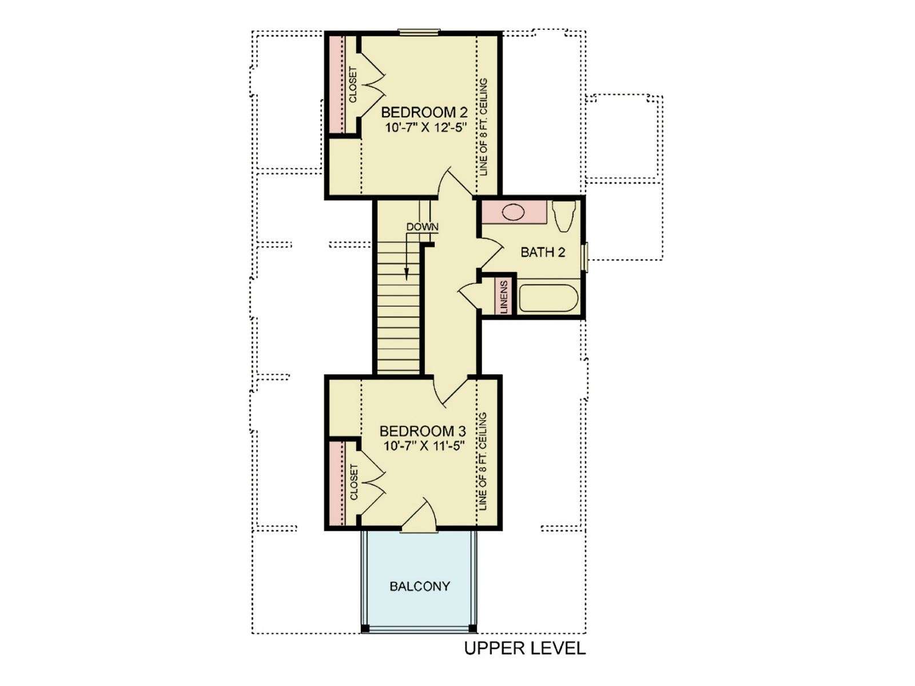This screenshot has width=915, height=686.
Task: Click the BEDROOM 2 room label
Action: click(424, 112)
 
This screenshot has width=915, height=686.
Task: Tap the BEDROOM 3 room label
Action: click(423, 430)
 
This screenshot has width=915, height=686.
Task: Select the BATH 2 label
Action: click(543, 252)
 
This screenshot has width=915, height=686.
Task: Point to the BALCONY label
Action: click(420, 586)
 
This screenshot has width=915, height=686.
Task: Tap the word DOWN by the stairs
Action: click(422, 227)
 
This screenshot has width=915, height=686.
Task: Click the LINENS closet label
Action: click(505, 297)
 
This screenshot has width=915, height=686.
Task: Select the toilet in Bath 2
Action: click(564, 216)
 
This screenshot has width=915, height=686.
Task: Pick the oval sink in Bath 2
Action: click(513, 213)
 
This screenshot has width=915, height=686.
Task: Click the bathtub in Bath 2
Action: click(548, 298)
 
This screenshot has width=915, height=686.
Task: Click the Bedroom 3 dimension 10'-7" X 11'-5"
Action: click(424, 446)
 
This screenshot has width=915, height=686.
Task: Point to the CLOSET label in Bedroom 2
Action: click(353, 85)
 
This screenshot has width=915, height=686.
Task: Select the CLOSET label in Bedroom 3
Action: click(353, 482)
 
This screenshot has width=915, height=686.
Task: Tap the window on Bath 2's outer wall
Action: click(585, 257)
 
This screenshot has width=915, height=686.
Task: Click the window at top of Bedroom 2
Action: click(419, 31)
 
